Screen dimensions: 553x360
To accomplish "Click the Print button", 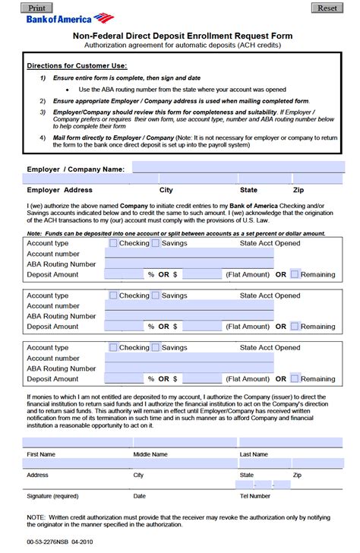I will [36, 7].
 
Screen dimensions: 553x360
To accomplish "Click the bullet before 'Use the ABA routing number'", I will [68, 89].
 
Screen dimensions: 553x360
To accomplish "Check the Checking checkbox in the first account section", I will [113, 243].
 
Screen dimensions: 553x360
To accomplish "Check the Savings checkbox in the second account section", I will [155, 295].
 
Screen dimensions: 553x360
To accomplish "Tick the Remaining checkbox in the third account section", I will [295, 378].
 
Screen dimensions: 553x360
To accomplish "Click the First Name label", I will [41, 454].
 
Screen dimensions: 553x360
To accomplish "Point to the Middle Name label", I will [150, 454].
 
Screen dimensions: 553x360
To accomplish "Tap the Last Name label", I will [254, 454].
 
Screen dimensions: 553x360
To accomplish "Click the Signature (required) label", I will [52, 496].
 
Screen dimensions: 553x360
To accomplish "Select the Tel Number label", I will [254, 496].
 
